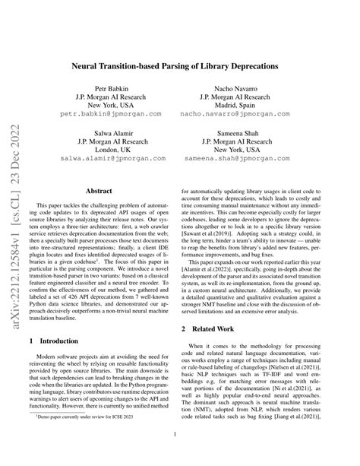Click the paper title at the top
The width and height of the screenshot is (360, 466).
(x=180, y=67)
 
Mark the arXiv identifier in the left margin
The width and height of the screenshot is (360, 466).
(x=15, y=232)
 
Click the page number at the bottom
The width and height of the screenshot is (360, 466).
(x=180, y=456)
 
